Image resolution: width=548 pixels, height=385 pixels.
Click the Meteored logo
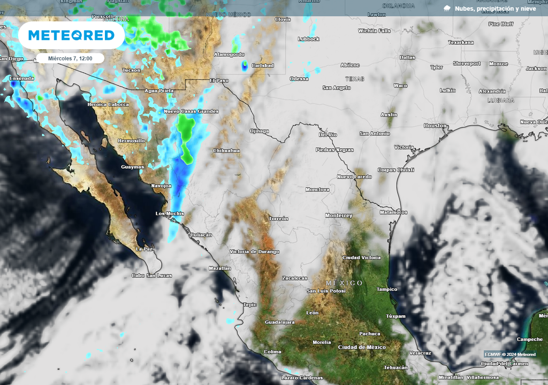pos(71,35)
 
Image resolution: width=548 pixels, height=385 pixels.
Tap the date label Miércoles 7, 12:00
pos(70,58)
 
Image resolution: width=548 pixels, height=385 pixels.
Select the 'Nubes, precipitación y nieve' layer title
pos(495,9)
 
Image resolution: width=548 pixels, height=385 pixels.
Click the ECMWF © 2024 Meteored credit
pos(510,354)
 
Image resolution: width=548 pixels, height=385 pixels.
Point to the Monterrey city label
pos(339,215)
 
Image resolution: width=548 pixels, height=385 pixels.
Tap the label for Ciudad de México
pos(362,347)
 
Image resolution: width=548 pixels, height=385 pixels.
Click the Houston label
pos(435,126)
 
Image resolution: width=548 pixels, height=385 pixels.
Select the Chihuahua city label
pos(226,151)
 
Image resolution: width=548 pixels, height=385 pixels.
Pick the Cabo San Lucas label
pos(152,275)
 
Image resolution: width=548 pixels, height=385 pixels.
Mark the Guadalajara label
pos(280,322)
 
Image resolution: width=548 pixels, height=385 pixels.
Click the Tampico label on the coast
pos(387,289)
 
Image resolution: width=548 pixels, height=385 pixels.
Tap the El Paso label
pos(219,80)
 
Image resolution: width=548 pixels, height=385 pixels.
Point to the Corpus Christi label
pos(396,170)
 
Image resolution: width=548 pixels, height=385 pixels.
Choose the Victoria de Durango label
pos(254,251)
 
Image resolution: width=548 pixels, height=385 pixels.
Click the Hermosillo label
pos(131,141)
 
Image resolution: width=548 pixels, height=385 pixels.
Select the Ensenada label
pos(21,79)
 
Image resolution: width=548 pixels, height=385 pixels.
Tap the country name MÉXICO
pos(344,283)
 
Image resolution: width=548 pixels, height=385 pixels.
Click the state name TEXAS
pos(355,79)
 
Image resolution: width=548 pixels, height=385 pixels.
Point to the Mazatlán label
pos(219,268)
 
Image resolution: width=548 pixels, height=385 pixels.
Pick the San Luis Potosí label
pos(326,291)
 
